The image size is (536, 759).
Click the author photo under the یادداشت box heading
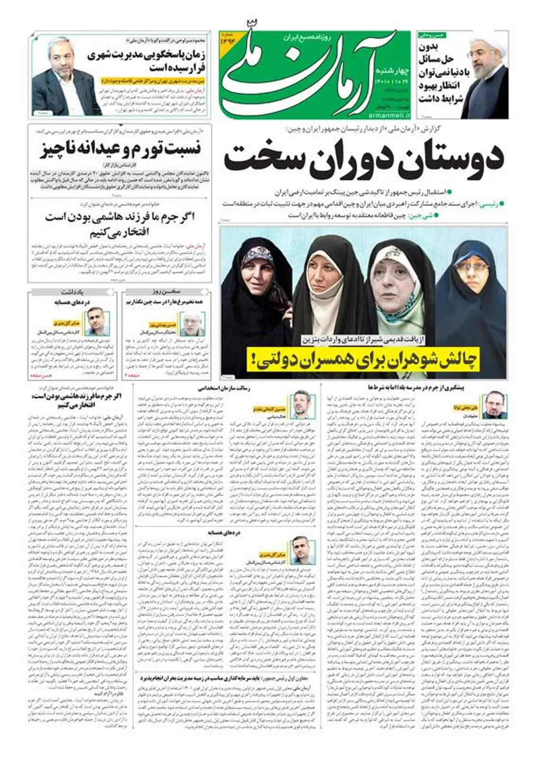97,322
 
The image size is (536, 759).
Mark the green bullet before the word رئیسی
502,203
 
